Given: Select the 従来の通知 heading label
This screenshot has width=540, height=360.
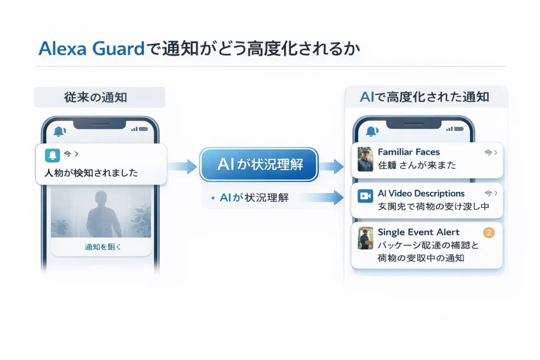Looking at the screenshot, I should tap(100, 98).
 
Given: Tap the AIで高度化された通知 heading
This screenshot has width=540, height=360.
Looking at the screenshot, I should tap(425, 97).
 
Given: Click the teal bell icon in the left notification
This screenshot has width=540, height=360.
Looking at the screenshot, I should tap(53, 154).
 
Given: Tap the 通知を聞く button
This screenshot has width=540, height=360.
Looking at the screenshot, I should tap(103, 247).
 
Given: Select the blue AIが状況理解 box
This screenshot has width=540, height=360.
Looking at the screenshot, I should tap(259, 165).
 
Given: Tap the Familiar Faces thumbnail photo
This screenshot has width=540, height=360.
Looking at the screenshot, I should tap(365, 159).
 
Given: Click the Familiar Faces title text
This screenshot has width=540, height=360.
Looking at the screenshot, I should tap(409, 152).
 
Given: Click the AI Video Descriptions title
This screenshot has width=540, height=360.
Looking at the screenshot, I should tap(421, 193).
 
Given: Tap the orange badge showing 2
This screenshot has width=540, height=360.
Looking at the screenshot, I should tap(489, 232).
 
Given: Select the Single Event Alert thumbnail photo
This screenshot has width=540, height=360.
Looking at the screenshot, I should tap(365, 238).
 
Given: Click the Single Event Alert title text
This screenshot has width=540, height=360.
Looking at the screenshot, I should tap(419, 232).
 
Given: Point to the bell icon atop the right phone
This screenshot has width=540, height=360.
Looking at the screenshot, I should tap(372, 130).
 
